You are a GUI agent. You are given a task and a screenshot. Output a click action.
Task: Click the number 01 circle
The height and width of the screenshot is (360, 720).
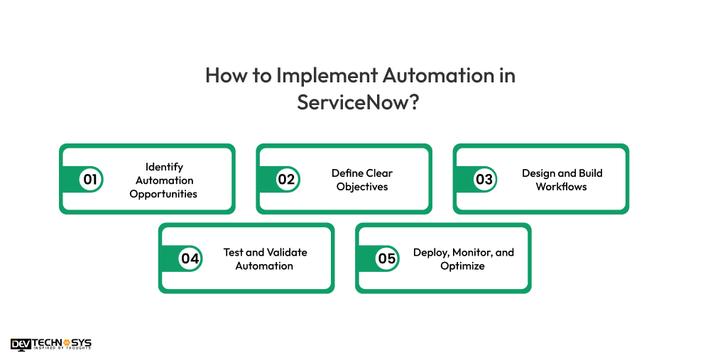click(90, 180)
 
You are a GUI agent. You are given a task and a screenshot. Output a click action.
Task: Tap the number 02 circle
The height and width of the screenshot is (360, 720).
click(286, 180)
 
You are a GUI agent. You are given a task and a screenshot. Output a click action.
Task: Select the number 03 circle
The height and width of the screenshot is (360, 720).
click(484, 180)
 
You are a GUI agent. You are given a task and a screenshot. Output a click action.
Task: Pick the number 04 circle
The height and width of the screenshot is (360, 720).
click(190, 258)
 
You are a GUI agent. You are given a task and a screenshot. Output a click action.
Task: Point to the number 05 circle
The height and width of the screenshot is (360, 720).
click(386, 258)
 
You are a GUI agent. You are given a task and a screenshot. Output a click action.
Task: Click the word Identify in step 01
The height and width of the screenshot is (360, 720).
click(164, 167)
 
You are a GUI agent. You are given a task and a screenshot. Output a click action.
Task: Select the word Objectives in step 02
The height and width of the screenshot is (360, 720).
click(362, 187)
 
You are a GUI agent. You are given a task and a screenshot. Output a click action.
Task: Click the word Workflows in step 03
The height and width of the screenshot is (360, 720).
click(562, 187)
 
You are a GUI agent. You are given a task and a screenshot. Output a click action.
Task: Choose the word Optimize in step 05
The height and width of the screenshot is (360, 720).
click(462, 266)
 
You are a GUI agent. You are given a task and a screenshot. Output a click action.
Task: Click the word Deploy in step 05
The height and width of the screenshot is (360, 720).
click(429, 252)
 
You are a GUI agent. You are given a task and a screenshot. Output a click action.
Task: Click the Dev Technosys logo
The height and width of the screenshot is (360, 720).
click(51, 344)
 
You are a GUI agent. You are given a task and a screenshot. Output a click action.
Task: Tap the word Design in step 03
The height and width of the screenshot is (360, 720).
click(538, 173)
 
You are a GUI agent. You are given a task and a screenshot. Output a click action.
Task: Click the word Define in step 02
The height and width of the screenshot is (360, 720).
click(347, 173)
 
